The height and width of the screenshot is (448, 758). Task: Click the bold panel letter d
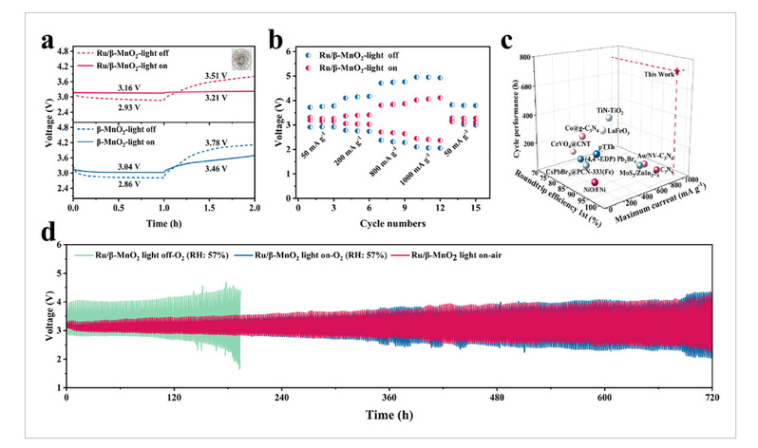pyautogui.click(x=41, y=233)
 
